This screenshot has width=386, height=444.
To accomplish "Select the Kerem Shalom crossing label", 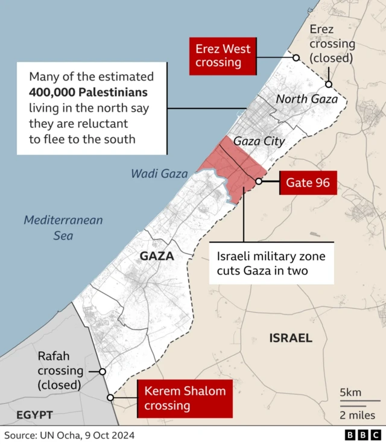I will (185, 398).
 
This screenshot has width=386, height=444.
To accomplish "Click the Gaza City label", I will (259, 141).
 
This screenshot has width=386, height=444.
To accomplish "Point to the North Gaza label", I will (306, 99).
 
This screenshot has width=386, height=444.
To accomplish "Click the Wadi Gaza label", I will (159, 174).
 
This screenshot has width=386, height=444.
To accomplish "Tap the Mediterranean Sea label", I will (63, 227).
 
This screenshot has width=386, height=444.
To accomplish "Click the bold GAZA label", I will (157, 256).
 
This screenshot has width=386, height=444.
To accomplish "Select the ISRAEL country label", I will (291, 338).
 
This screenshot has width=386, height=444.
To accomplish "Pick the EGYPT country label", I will (34, 415).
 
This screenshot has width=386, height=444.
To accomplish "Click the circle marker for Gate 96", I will (259, 181).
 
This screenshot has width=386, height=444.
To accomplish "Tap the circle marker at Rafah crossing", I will (103, 372).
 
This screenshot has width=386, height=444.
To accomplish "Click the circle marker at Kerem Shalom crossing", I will (110, 398).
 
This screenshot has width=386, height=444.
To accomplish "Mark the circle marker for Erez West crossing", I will (296, 57).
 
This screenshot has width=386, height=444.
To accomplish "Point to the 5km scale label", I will (351, 393).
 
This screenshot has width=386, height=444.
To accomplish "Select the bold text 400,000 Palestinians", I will (88, 93).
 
